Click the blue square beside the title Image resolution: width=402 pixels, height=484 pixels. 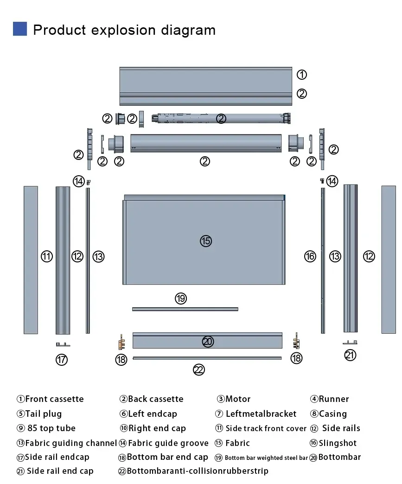click(20, 29)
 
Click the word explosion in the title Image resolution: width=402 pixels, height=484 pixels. click(123, 30)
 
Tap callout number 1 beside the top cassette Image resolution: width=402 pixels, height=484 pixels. click(302, 74)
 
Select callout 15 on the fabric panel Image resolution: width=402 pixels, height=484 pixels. click(206, 241)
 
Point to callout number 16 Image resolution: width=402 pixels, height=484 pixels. click(310, 256)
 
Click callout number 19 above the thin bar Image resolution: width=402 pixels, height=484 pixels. click(181, 298)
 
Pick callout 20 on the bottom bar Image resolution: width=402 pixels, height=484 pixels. click(208, 341)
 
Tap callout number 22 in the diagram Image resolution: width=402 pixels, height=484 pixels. click(199, 369)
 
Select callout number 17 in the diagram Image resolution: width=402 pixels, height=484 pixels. click(62, 360)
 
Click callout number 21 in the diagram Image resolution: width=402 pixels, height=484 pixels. click(350, 355)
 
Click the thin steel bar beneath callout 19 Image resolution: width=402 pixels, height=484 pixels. click(185, 309)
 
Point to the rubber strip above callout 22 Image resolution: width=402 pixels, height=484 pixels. click(207, 358)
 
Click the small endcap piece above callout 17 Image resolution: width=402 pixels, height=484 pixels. click(63, 344)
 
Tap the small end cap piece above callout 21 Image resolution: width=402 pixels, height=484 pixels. click(350, 342)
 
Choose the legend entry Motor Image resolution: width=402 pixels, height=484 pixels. click(234, 399)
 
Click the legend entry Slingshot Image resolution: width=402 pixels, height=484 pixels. click(333, 443)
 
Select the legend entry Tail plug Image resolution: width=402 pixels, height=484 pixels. click(39, 414)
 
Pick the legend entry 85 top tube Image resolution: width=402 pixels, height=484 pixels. click(46, 428)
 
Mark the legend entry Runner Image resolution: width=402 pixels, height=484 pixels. click(330, 399)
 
